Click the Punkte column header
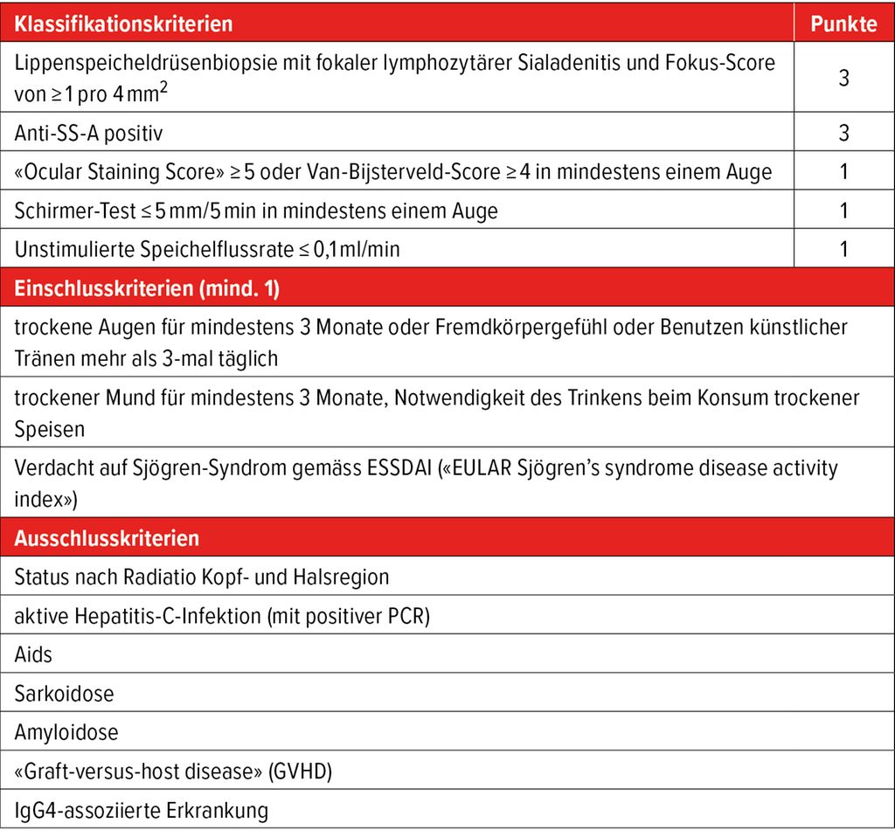tap(843, 24)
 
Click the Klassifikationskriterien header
tap(124, 24)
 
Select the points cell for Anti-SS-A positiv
tap(843, 134)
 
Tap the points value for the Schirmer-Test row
tap(843, 211)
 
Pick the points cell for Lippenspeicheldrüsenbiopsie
tap(843, 78)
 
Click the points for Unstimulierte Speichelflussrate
tap(843, 249)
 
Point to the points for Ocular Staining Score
tap(843, 172)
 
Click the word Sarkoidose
tap(64, 694)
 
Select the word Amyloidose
tap(66, 732)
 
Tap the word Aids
tap(32, 655)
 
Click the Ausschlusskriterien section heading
tap(107, 538)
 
